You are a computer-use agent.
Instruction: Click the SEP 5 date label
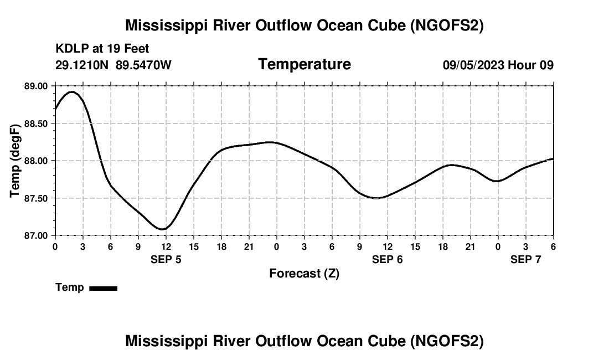click(166, 259)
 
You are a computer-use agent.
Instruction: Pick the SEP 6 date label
click(388, 259)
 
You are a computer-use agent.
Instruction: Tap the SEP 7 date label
click(525, 259)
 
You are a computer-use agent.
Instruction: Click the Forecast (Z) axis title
click(304, 274)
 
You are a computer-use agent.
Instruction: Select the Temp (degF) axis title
click(15, 161)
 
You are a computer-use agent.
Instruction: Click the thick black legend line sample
click(103, 288)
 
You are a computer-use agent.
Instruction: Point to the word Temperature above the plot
click(304, 64)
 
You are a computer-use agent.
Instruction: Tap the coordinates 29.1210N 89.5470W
click(113, 65)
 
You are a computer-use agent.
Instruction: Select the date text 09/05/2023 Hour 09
click(498, 65)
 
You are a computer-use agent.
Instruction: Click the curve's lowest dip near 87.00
click(162, 229)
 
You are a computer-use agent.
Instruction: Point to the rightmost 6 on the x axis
click(553, 246)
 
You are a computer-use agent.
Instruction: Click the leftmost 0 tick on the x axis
click(55, 246)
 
